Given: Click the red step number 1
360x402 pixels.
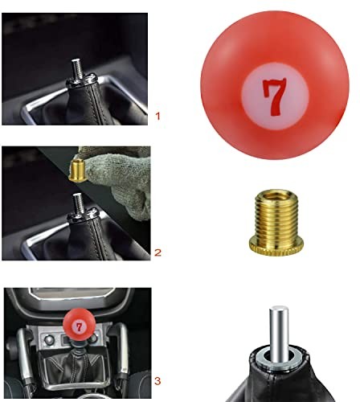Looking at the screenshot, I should tap(157, 117).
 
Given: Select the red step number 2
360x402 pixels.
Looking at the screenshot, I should tap(157, 252).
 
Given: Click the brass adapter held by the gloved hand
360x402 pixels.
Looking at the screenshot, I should tap(78, 168).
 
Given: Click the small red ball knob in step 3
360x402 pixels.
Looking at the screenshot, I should tap(79, 326).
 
